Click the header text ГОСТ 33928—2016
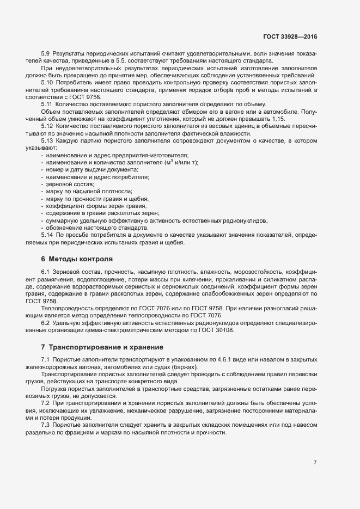[289, 36]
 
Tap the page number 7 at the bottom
[315, 447]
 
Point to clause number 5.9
[46, 53]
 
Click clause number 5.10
[47, 82]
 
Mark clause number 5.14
[47, 235]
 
